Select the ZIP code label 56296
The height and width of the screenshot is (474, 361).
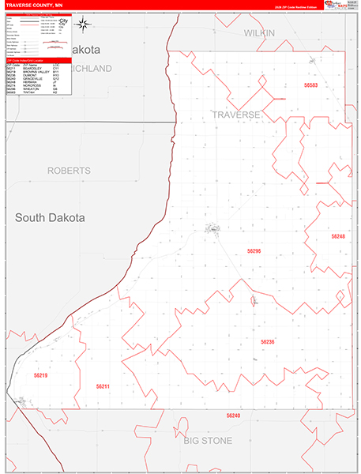tap(254, 250)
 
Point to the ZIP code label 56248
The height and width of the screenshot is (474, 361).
tap(338, 236)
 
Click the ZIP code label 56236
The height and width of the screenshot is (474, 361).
tap(268, 341)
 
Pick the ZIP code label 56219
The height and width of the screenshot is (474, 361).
tap(40, 375)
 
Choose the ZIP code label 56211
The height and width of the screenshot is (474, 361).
tap(103, 386)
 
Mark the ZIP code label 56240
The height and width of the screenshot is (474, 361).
tap(232, 415)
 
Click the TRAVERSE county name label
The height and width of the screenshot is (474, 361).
tap(235, 115)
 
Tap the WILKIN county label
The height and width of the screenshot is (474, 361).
tap(258, 33)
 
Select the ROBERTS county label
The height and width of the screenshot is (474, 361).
tap(69, 171)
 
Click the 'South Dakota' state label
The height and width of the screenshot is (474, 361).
tap(50, 217)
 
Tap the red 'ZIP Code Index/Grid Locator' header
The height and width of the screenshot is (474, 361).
tap(37, 60)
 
